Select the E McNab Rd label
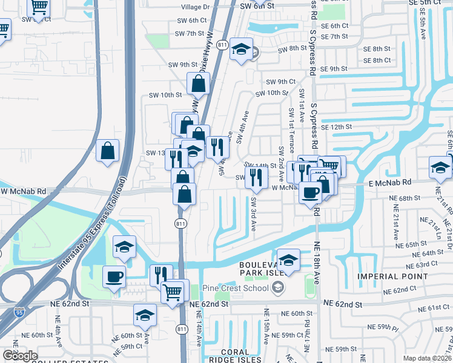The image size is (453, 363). [x=389, y=182]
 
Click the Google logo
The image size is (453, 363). [x=19, y=355]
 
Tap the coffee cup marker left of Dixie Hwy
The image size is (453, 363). [x=114, y=276]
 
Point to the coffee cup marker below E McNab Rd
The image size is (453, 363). [x=311, y=193]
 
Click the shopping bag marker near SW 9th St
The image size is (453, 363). [x=199, y=84]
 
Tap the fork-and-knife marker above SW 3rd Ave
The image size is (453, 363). [x=257, y=177]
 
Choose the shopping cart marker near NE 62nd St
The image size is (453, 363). [x=173, y=291]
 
